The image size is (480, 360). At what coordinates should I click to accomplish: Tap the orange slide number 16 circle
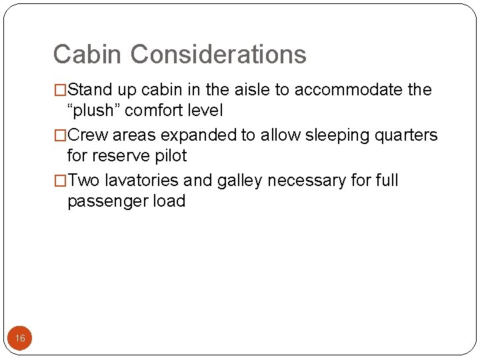[x=20, y=339]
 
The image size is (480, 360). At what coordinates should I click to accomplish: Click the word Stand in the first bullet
[x=91, y=89]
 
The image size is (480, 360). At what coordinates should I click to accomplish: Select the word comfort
[x=157, y=111]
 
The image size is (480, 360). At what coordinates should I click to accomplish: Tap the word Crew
[x=89, y=135]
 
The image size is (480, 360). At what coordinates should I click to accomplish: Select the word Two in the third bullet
[x=84, y=181]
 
